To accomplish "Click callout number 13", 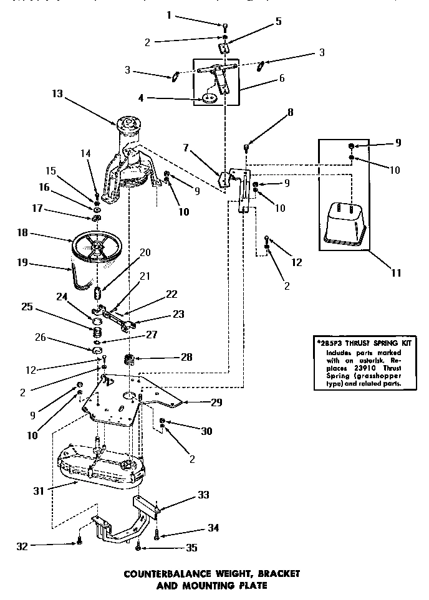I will tap(57, 93).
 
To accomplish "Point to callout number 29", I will tap(216, 402).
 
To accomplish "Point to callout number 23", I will tap(178, 315).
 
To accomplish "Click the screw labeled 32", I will tap(79, 541).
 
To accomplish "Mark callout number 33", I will tap(203, 495).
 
